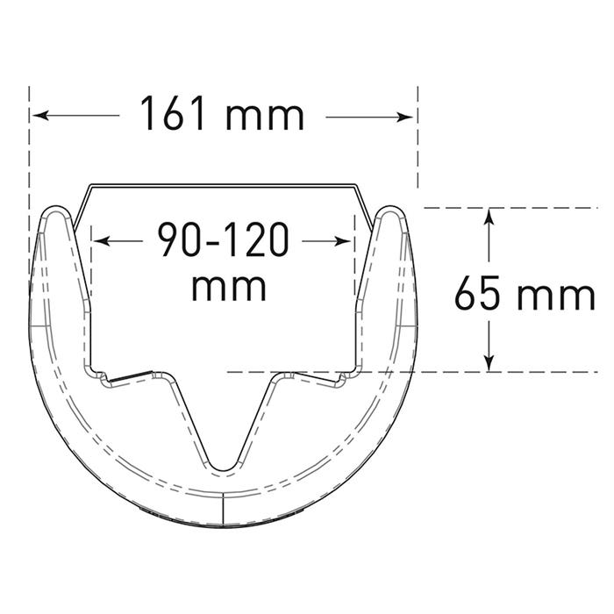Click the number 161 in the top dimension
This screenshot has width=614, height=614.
(x=172, y=113)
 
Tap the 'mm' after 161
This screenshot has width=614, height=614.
(x=265, y=117)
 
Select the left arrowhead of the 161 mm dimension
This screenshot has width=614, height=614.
(x=40, y=116)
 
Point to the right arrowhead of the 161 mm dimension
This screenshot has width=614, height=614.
(x=404, y=117)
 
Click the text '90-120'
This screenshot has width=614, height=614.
(x=223, y=239)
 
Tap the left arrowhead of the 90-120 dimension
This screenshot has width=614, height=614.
(x=102, y=241)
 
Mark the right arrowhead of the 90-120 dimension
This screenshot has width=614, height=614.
(x=343, y=241)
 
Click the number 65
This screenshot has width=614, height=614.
(x=477, y=292)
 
